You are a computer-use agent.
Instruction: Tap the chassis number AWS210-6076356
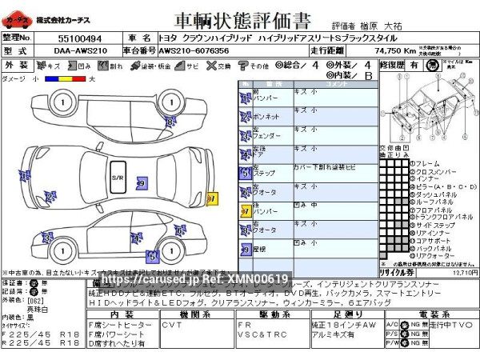(194, 50)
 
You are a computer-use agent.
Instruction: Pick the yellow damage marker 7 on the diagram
(212, 198)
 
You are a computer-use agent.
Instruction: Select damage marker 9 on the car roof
(141, 183)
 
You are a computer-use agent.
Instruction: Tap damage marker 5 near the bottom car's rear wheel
(151, 256)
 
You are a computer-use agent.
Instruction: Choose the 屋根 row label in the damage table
(260, 249)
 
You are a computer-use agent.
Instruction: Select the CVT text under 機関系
(172, 326)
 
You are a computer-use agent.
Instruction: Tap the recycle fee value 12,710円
(464, 273)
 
